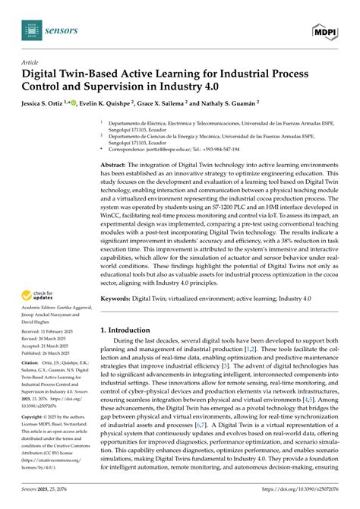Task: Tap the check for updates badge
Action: [x=38, y=293]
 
